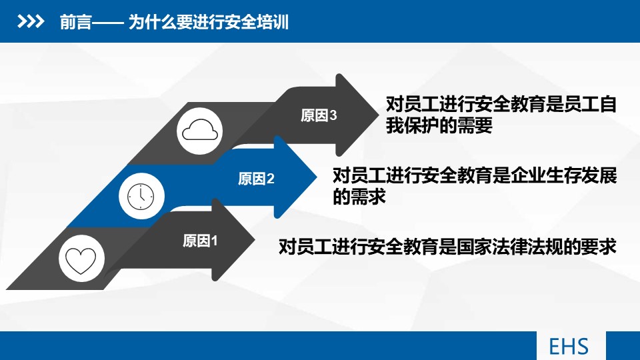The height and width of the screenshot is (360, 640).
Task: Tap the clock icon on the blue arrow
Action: pyautogui.click(x=141, y=195)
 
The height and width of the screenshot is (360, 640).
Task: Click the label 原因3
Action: pyautogui.click(x=319, y=116)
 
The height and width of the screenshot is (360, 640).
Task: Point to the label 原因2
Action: pyautogui.click(x=256, y=179)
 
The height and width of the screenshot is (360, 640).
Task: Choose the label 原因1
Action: pyautogui.click(x=201, y=241)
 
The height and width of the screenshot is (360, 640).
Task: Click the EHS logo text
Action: pyautogui.click(x=569, y=347)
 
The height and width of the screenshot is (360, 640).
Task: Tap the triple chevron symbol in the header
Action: pyautogui.click(x=30, y=23)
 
